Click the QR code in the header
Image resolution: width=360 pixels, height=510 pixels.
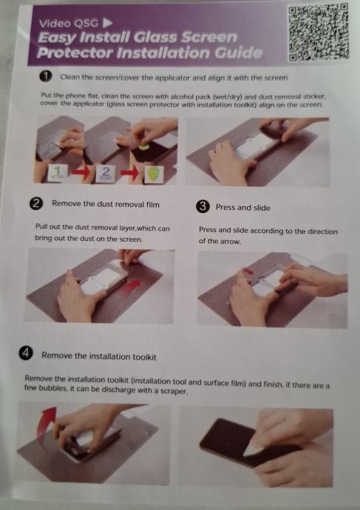tap(319, 33)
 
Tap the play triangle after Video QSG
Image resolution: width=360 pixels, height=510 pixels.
tap(108, 23)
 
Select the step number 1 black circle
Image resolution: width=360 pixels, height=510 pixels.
tap(46, 76)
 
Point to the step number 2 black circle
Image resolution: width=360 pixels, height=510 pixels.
tap(36, 204)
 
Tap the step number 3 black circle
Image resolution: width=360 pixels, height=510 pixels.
tap(203, 206)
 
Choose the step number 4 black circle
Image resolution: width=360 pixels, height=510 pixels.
tap(26, 353)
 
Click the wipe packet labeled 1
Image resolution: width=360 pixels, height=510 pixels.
tap(58, 173)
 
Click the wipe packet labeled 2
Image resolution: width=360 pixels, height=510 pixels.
tap(106, 174)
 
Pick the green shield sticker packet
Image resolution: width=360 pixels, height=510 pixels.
tap(154, 174)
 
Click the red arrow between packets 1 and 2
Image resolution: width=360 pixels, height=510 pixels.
tap(81, 173)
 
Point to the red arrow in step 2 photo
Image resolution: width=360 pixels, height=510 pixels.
tap(132, 285)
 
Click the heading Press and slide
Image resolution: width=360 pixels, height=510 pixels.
tap(242, 208)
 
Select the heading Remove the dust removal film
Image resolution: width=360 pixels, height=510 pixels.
tap(106, 204)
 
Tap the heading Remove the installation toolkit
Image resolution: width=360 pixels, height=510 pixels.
tap(99, 356)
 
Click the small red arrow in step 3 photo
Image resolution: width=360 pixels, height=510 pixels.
tap(247, 272)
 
